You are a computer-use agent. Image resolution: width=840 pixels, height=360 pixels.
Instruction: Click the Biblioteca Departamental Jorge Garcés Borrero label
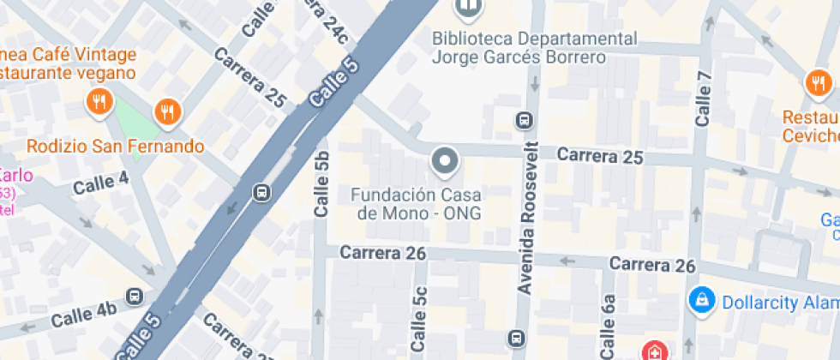pyautogui.click(x=535, y=48)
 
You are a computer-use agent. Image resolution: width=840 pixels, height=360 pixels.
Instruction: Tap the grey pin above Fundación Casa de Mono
pyautogui.click(x=445, y=160)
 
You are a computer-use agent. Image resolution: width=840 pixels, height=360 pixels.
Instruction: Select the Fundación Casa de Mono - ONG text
pyautogui.click(x=417, y=203)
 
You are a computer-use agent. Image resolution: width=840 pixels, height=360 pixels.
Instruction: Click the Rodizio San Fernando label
pyautogui.click(x=115, y=146)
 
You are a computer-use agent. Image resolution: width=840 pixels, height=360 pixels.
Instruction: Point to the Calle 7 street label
pyautogui.click(x=704, y=99)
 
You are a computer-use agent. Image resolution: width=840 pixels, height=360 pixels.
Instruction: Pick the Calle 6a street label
pyautogui.click(x=609, y=326)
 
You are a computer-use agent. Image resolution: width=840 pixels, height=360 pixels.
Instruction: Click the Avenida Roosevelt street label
pyautogui.click(x=526, y=217)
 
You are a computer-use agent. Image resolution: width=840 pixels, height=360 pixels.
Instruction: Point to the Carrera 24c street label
pyautogui.click(x=324, y=21)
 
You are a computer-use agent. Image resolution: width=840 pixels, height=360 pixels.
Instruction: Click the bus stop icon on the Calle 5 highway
pyautogui.click(x=261, y=192)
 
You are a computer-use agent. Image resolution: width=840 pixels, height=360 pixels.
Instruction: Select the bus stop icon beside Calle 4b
pyautogui.click(x=134, y=297)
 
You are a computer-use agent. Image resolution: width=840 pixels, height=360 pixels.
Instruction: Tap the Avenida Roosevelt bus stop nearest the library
pyautogui.click(x=522, y=119)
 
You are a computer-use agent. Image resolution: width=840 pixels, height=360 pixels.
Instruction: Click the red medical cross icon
pyautogui.click(x=654, y=351)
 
